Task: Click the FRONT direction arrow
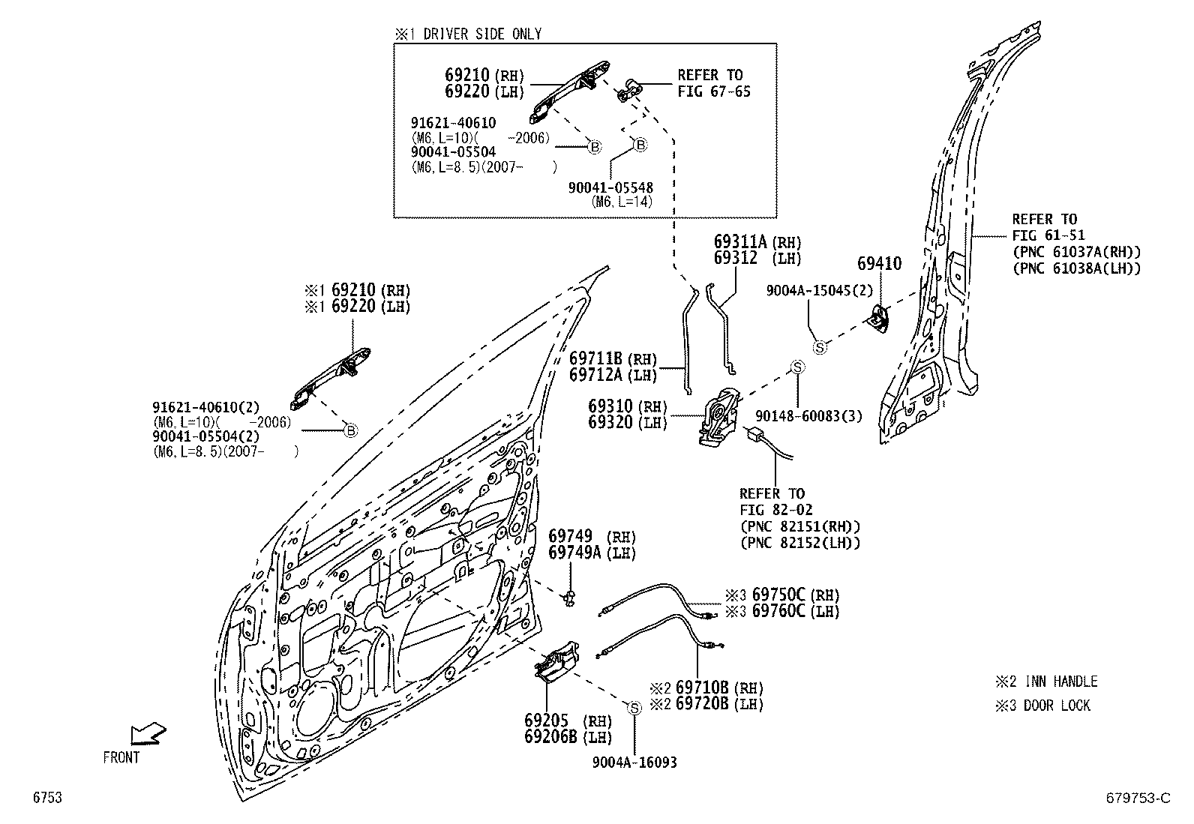[148, 733]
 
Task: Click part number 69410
[879, 263]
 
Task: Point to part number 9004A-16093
[634, 763]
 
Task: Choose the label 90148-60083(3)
[808, 415]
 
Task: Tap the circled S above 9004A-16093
[634, 709]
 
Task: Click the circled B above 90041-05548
[640, 145]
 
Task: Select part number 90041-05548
[610, 187]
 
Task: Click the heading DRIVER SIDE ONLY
[482, 34]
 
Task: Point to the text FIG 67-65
[714, 91]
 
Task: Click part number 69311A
[740, 242]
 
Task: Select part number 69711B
[596, 358]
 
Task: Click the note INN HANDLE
[1061, 681]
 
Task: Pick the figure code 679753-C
[1138, 798]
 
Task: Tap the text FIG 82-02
[775, 510]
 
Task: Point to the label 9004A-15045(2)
[820, 290]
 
